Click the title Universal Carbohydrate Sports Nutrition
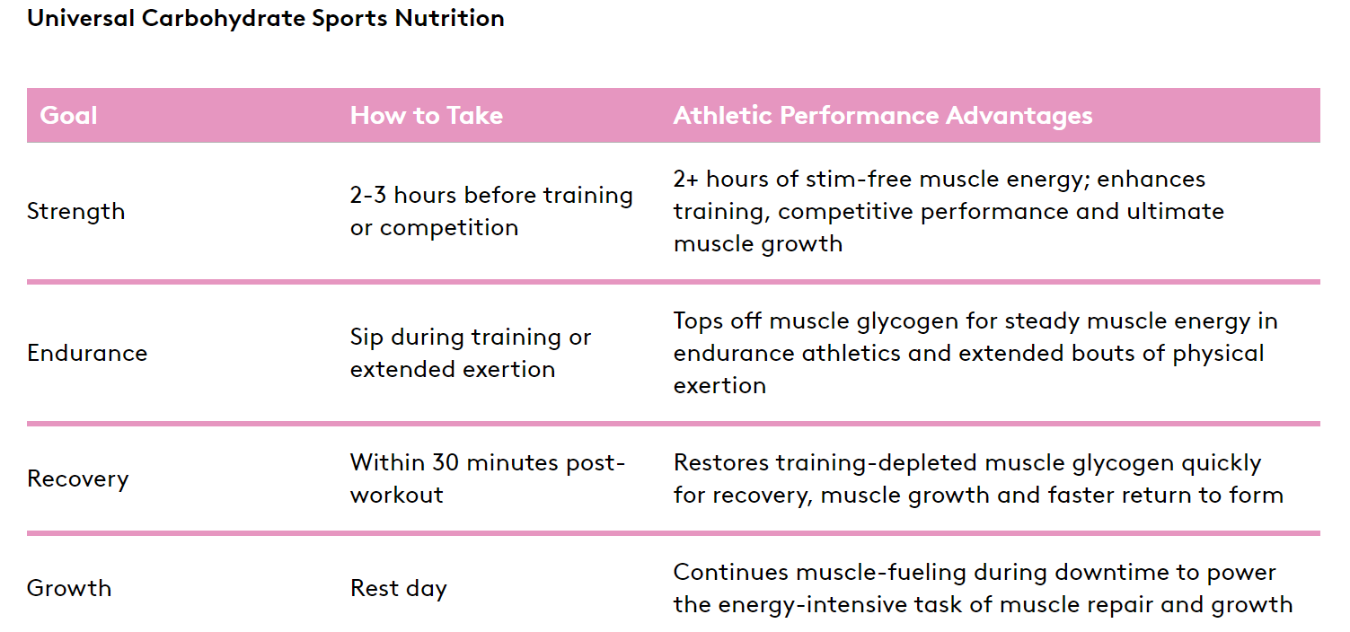click(266, 19)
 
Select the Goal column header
click(68, 115)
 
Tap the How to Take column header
click(427, 115)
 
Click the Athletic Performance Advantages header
click(883, 116)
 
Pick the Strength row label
click(76, 212)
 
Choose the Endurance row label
click(87, 353)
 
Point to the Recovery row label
click(78, 479)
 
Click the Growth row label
click(69, 588)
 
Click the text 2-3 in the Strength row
click(368, 195)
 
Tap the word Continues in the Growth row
click(730, 573)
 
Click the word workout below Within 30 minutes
click(397, 496)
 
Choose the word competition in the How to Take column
click(449, 228)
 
